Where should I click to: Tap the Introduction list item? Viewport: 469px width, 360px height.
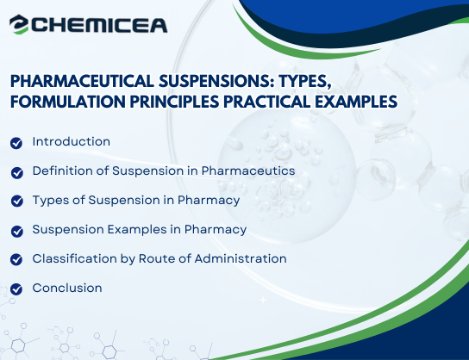[71, 141]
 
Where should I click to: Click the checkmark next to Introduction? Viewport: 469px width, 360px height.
[16, 142]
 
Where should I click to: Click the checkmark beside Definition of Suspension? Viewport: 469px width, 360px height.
[16, 171]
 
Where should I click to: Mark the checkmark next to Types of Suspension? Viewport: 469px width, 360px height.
[16, 201]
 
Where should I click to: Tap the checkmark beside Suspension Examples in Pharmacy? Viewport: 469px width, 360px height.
[16, 230]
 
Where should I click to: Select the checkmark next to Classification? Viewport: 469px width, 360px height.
[16, 259]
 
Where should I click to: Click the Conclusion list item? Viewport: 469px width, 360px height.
[67, 288]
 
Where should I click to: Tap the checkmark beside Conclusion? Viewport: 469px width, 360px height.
[16, 289]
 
